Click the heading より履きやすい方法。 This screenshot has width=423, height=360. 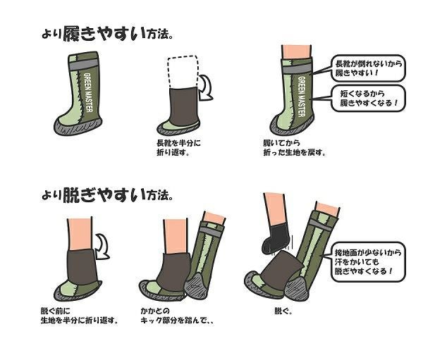pos(107,34)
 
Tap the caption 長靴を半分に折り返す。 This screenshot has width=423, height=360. pos(178,147)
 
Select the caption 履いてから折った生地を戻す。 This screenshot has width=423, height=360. pos(294,147)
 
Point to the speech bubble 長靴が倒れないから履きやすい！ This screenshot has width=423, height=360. pos(368,68)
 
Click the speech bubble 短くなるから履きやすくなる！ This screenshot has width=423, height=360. pos(368,98)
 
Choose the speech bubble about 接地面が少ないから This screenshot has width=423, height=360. pos(368,262)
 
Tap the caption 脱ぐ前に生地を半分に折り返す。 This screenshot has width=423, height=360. pos(79,316)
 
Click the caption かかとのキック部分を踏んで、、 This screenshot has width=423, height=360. pos(177,316)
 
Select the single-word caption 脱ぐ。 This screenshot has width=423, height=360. pos(283,311)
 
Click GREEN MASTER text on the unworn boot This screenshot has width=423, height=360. pos(88,92)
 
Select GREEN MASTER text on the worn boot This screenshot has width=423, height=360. pos(302,97)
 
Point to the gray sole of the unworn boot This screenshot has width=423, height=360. pos(77,128)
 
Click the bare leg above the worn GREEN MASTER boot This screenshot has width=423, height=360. pos(297,51)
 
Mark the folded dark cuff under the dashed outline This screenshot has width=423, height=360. pos(183,106)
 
